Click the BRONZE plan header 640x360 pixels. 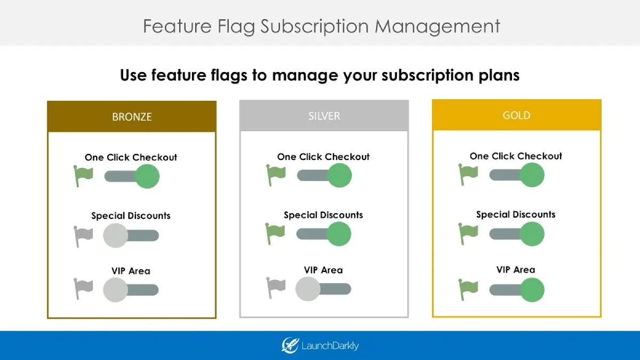pos(132,117)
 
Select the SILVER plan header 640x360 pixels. pos(324,116)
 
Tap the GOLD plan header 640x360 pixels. pos(516,115)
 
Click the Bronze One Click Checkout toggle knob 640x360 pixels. pos(147,176)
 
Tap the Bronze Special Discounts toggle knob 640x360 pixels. pos(115,235)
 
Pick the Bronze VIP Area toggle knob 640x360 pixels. pos(115,290)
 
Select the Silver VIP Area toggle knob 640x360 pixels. pos(308,289)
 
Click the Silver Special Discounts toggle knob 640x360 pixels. pos(339,234)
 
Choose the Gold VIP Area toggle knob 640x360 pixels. pos(532,290)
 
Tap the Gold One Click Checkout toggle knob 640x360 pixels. pos(532,175)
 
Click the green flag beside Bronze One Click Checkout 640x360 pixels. pos(83,175)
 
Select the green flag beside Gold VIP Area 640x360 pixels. pos(468,289)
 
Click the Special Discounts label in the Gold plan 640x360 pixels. pos(516,214)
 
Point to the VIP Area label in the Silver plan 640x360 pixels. pos(323,270)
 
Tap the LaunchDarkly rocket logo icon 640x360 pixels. pos(290,346)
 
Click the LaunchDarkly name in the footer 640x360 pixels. pos(330,346)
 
